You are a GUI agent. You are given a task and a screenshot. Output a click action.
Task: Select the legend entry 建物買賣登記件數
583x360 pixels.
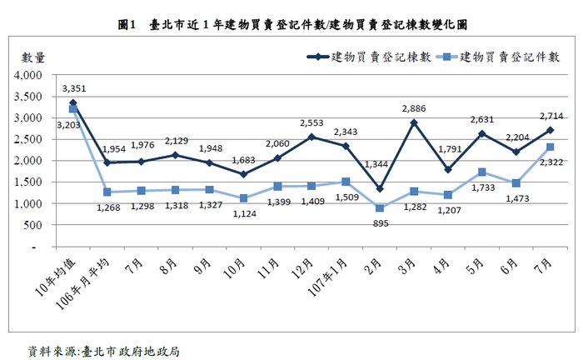click(509, 57)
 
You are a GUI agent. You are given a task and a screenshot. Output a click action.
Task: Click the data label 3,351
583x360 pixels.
click(74, 87)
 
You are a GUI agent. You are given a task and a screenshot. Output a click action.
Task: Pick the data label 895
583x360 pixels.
click(380, 222)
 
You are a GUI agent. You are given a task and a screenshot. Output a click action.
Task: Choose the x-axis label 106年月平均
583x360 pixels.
click(89, 283)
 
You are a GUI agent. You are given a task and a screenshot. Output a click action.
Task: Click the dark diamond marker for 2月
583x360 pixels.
click(380, 189)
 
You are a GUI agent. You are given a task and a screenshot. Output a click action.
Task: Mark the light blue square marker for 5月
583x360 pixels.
click(482, 172)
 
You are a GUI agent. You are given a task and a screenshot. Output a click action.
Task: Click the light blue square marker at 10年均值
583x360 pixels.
click(73, 109)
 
